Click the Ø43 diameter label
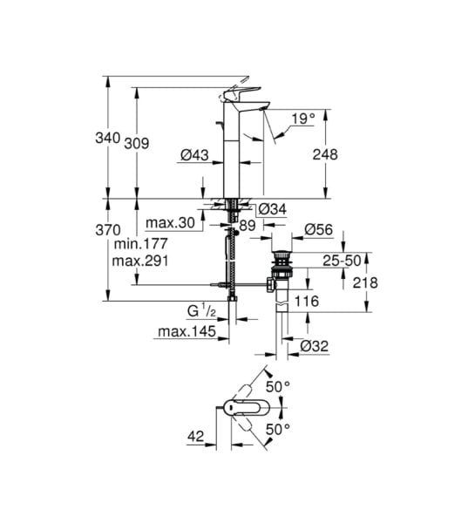pos(194,154)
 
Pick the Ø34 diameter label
pos(274,207)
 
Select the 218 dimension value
pos(366,282)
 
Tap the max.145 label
pos(185,330)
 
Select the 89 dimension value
pos(247,225)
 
